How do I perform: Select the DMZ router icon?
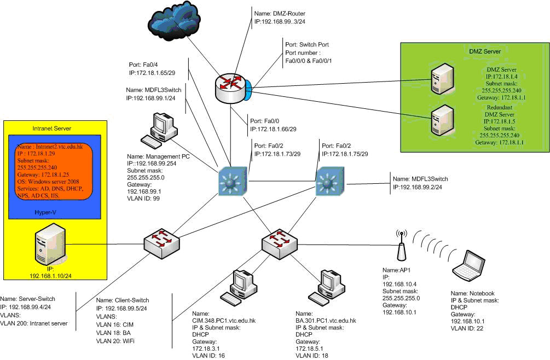click(230, 88)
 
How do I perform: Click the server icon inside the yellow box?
click(51, 246)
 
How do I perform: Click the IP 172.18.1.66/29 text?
click(273, 129)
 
